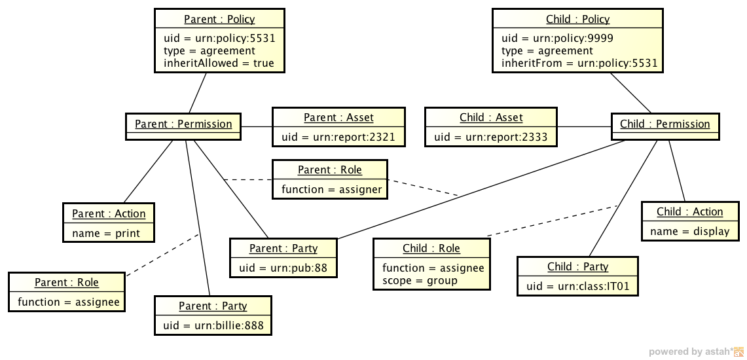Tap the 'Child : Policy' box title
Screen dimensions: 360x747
(x=577, y=19)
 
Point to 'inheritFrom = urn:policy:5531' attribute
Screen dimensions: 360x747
(x=579, y=63)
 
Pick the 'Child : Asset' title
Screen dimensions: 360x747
(x=491, y=118)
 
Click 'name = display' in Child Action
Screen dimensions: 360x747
(x=689, y=231)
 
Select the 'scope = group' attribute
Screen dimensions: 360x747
(x=420, y=280)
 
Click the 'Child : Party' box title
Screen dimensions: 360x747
(x=577, y=266)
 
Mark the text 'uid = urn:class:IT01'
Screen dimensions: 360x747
(x=578, y=286)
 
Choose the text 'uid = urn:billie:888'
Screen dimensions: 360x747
(x=213, y=325)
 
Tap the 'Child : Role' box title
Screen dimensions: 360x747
(x=431, y=249)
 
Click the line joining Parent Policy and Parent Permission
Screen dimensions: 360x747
(x=198, y=92)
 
